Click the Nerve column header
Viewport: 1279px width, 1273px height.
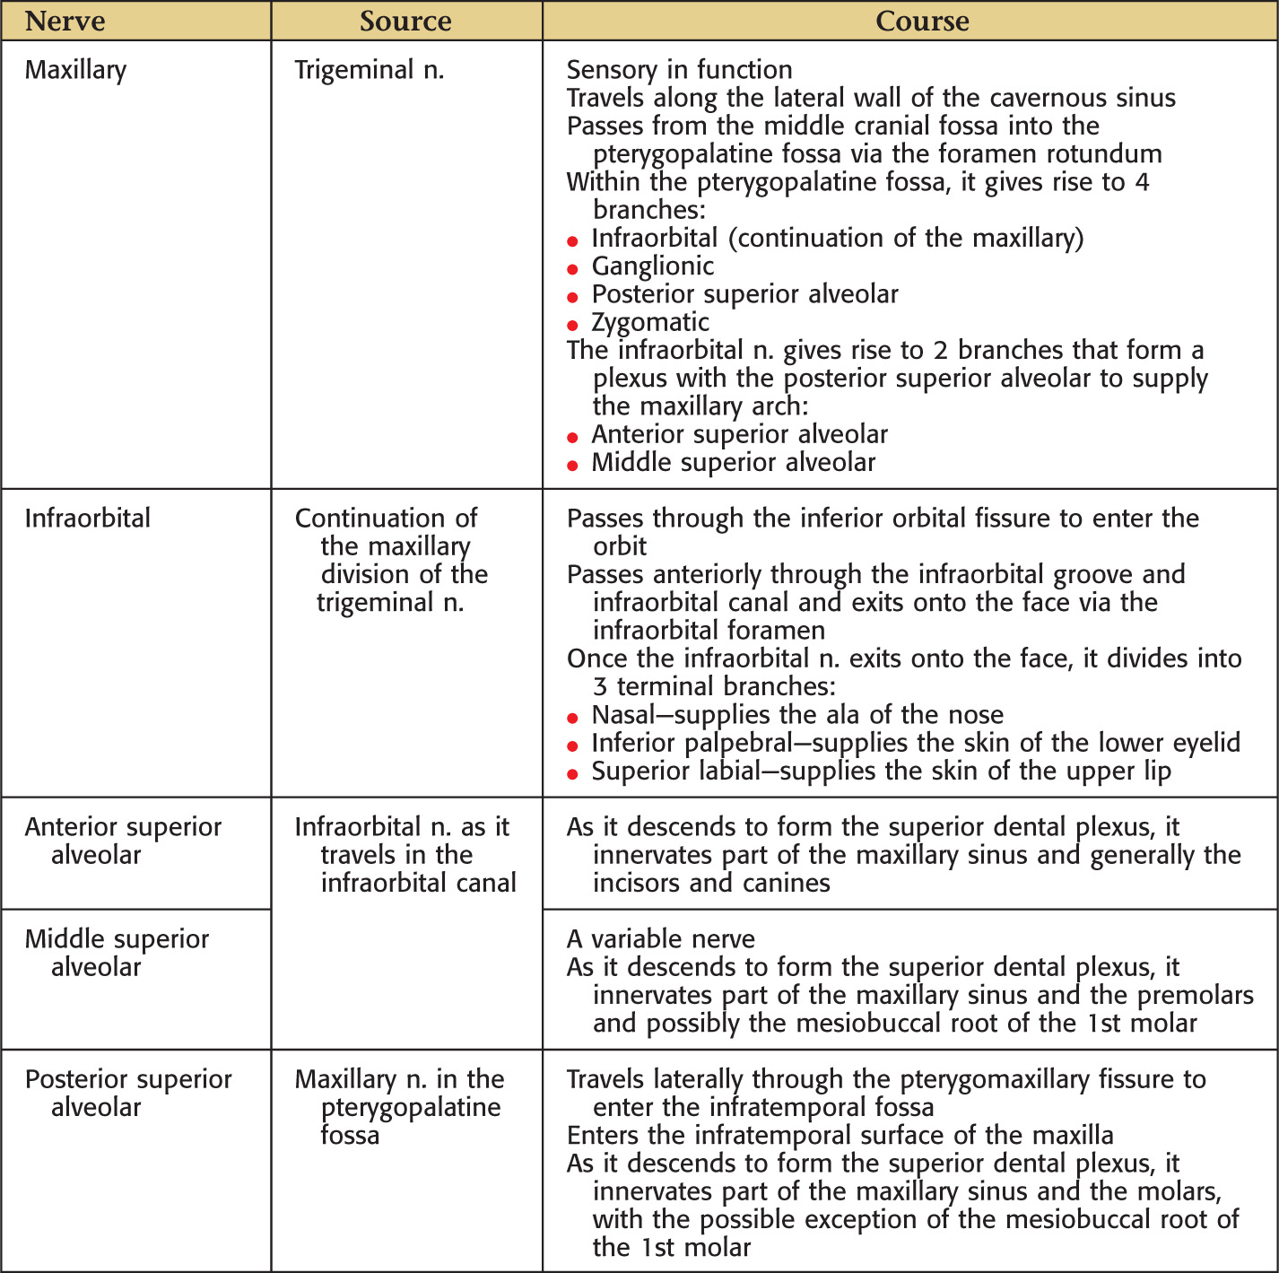pyautogui.click(x=65, y=21)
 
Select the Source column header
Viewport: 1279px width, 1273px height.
pyautogui.click(x=405, y=21)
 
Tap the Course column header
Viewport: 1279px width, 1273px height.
pyautogui.click(x=922, y=21)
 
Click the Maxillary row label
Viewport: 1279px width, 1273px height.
pyautogui.click(x=76, y=70)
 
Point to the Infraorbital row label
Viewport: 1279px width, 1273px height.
pyautogui.click(x=88, y=519)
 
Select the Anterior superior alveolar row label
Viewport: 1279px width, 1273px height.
pyautogui.click(x=123, y=841)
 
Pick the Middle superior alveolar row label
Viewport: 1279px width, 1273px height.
pyautogui.click(x=117, y=953)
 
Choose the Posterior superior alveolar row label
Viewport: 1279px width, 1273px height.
pyautogui.click(x=128, y=1093)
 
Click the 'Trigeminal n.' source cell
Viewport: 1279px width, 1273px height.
pyautogui.click(x=370, y=70)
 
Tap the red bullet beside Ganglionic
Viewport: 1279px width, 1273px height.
pyautogui.click(x=573, y=269)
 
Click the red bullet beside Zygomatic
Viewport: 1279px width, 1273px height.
pyautogui.click(x=573, y=325)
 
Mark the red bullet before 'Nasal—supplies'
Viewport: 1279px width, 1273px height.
pyautogui.click(x=573, y=718)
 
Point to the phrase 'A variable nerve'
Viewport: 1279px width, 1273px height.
pyautogui.click(x=661, y=939)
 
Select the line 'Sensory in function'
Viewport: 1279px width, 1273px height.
pyautogui.click(x=680, y=70)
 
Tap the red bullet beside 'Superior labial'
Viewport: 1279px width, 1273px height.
pyautogui.click(x=573, y=774)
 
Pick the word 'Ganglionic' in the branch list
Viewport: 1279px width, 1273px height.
pyautogui.click(x=653, y=266)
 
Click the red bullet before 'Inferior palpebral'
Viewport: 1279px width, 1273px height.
pyautogui.click(x=573, y=745)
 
